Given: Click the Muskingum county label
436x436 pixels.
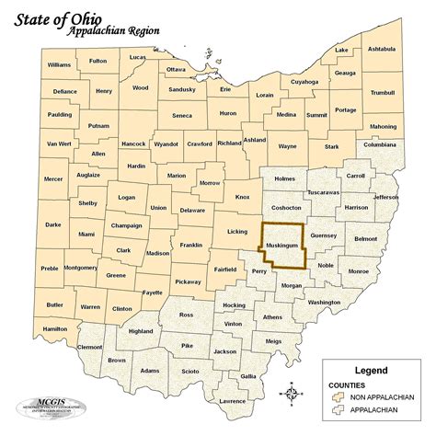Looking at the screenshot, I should tap(281, 247).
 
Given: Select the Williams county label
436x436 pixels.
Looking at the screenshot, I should tap(59, 65).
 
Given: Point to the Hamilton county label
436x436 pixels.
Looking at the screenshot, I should tap(54, 328).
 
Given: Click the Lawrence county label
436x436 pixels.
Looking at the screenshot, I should tap(233, 401).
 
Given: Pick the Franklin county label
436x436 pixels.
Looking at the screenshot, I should tap(190, 245).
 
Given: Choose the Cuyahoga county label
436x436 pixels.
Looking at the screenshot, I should tap(305, 82).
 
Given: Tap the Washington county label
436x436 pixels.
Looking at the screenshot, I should tap(324, 302).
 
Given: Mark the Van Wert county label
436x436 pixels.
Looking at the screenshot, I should tap(58, 144).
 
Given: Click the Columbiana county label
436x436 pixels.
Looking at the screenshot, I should tap(379, 145).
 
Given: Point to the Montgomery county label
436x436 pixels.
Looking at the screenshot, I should tap(80, 268).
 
